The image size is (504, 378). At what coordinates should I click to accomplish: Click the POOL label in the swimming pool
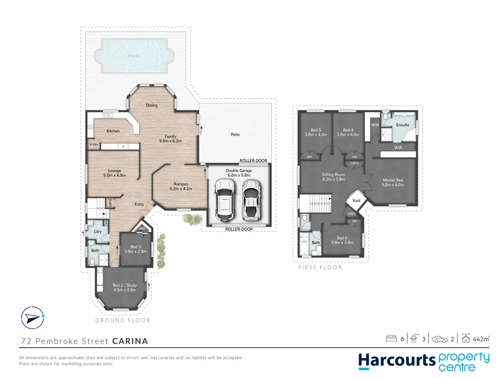click(134, 56)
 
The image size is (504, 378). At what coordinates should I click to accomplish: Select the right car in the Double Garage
click(251, 200)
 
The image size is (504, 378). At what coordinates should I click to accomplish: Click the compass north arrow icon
click(33, 318)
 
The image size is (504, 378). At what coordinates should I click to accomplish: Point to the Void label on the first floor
click(356, 201)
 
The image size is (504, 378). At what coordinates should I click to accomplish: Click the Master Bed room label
click(393, 182)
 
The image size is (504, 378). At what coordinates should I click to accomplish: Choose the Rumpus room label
click(181, 186)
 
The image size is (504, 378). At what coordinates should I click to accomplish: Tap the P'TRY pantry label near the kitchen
click(94, 145)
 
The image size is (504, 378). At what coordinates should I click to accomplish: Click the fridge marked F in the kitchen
click(123, 147)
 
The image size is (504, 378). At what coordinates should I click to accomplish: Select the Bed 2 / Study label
click(125, 287)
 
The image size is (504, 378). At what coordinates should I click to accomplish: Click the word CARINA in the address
click(130, 341)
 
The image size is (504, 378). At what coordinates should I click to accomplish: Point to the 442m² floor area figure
click(481, 339)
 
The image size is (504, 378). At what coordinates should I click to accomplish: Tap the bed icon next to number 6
click(391, 338)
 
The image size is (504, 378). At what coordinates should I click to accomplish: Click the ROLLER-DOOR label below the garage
click(239, 230)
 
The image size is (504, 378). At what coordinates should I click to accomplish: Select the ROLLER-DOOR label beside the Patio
click(253, 161)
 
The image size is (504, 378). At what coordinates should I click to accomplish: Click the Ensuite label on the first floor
click(402, 125)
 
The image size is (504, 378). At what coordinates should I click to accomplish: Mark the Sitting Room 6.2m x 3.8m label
click(334, 177)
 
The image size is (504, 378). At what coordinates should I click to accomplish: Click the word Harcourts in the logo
click(397, 361)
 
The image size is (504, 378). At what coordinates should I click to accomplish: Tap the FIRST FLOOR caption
click(320, 267)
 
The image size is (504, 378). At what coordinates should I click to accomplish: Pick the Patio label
click(235, 134)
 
